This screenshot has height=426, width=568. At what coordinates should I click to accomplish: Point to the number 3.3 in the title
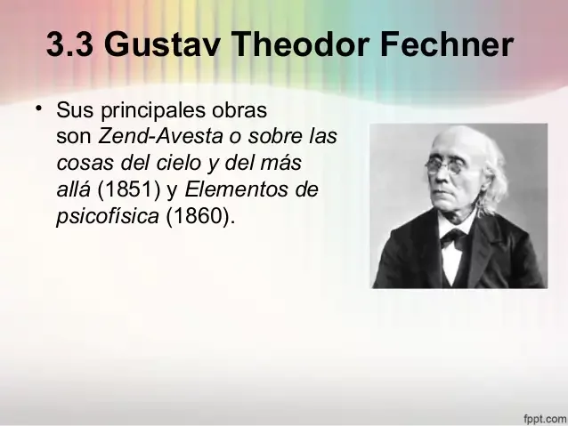pyautogui.click(x=70, y=45)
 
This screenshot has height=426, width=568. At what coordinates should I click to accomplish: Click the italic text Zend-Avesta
pyautogui.click(x=157, y=139)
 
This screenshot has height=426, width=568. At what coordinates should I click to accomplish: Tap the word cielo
pyautogui.click(x=178, y=165)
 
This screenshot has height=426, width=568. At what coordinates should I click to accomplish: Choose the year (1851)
pyautogui.click(x=124, y=190)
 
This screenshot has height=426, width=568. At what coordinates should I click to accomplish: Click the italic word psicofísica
pyautogui.click(x=108, y=217)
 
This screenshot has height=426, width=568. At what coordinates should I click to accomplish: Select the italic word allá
pyautogui.click(x=73, y=190)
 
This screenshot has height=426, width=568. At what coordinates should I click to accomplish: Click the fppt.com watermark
pyautogui.click(x=542, y=416)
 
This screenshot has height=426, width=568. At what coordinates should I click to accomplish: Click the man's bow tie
pyautogui.click(x=453, y=238)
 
